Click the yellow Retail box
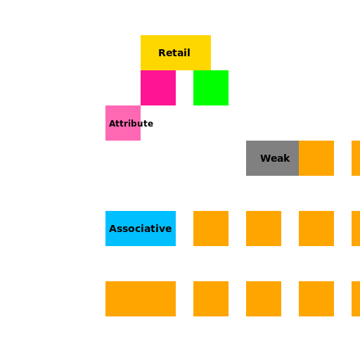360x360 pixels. click(176, 53)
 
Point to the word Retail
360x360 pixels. click(174, 53)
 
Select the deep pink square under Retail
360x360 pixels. click(158, 88)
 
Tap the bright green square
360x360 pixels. click(211, 88)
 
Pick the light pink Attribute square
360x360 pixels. click(123, 123)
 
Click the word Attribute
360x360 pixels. click(131, 124)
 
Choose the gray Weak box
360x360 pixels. click(272, 158)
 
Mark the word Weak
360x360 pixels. click(275, 158)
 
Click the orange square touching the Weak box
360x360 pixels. click(316, 158)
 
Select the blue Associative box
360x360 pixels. click(141, 229)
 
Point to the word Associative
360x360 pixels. click(141, 229)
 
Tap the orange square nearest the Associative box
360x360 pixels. click(211, 229)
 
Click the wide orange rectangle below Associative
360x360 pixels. click(141, 299)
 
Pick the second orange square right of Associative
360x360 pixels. click(264, 229)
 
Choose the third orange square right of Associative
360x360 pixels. click(316, 229)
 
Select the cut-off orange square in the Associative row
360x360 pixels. click(356, 229)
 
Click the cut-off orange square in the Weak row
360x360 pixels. click(356, 158)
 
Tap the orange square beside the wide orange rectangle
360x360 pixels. click(211, 299)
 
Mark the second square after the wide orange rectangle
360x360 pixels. click(264, 299)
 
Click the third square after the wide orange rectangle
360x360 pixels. click(316, 299)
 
